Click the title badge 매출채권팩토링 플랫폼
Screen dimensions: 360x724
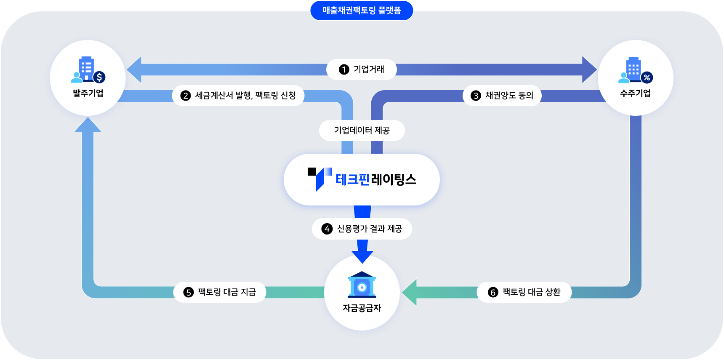362,11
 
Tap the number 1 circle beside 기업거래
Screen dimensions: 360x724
344,69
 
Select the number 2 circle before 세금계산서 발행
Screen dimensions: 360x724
186,96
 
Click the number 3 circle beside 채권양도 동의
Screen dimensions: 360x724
476,96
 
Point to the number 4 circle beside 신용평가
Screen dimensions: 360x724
327,229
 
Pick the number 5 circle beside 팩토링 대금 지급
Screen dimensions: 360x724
189,292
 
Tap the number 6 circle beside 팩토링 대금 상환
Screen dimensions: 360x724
493,292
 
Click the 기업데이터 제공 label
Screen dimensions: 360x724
362,131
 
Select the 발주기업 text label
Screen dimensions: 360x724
88,93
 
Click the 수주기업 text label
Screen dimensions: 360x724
635,93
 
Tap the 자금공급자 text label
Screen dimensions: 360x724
362,308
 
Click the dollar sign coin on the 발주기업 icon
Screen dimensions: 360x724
99,77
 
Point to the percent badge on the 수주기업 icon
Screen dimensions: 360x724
647,77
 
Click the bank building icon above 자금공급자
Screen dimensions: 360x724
362,285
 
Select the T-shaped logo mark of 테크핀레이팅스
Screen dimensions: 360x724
319,178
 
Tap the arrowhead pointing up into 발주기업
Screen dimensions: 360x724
88,125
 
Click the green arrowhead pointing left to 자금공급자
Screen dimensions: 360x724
410,292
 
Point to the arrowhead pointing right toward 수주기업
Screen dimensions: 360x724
589,69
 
